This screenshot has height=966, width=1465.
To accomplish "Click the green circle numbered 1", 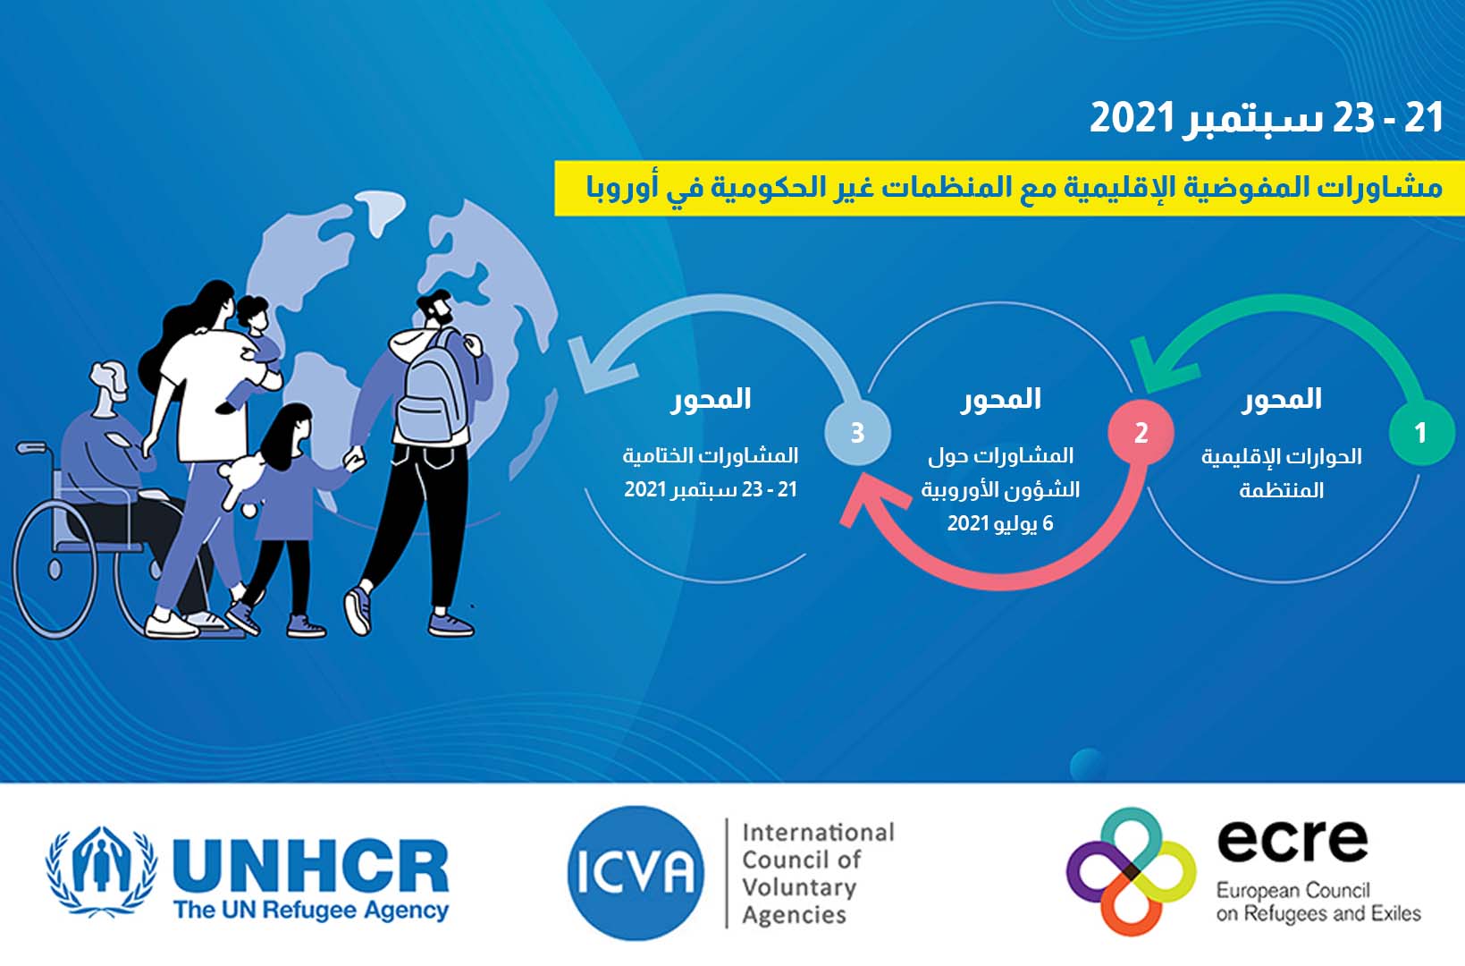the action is click(1421, 433).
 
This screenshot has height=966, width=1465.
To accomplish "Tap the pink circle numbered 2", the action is click(1141, 433).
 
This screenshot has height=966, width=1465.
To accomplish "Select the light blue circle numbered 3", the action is click(857, 433).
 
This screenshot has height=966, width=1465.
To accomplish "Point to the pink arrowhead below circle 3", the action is click(873, 507).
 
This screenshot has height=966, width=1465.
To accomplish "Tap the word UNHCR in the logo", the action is click(311, 864).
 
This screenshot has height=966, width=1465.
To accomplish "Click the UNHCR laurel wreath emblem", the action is click(101, 870).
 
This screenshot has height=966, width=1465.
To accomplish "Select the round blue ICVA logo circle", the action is click(636, 873).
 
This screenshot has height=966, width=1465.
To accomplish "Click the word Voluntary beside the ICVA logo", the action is click(799, 887).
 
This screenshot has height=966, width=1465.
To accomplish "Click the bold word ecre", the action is click(1292, 840).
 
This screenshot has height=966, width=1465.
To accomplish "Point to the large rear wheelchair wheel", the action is click(55, 571).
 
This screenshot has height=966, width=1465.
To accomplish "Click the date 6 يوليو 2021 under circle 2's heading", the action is click(1000, 523).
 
